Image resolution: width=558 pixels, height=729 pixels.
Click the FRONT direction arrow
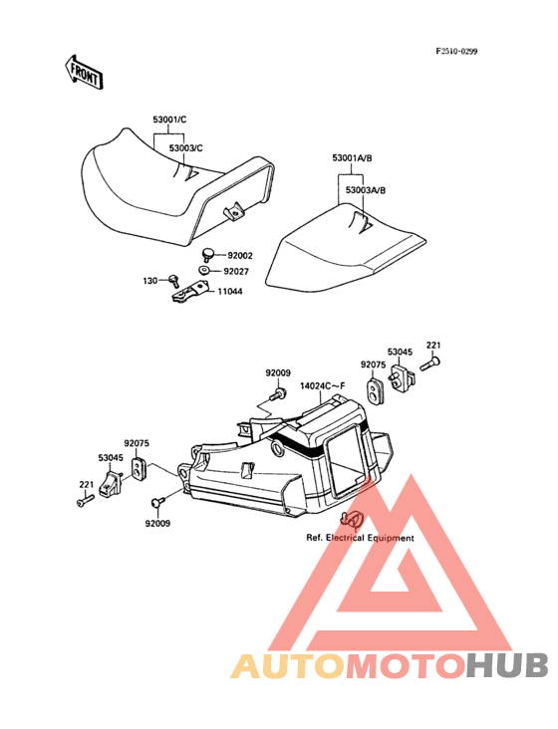(x=84, y=72)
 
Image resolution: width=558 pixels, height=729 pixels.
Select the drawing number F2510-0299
(x=456, y=51)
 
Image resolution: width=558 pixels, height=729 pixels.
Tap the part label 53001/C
(x=169, y=120)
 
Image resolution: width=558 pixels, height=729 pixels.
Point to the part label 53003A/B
(x=366, y=190)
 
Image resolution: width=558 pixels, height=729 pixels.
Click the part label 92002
(x=240, y=255)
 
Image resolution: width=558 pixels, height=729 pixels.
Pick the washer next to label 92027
(x=203, y=270)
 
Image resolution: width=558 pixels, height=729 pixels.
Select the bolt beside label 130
(x=174, y=281)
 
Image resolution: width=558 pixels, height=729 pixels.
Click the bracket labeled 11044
(x=189, y=293)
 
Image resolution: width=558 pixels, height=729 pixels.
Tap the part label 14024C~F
(x=323, y=385)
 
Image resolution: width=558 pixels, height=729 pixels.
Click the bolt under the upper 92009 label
(x=277, y=394)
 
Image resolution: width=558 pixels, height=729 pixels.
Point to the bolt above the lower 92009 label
(x=158, y=502)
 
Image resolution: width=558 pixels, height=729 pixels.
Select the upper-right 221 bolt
(x=430, y=364)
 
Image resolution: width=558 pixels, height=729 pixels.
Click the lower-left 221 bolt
(x=85, y=501)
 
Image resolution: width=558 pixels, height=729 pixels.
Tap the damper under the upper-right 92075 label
(x=374, y=391)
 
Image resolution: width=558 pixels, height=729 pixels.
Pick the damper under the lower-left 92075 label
(x=139, y=468)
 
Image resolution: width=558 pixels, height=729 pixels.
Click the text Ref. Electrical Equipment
(x=360, y=538)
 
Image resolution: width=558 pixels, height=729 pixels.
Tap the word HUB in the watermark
(x=508, y=665)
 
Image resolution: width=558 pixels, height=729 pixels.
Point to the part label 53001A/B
(x=352, y=158)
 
